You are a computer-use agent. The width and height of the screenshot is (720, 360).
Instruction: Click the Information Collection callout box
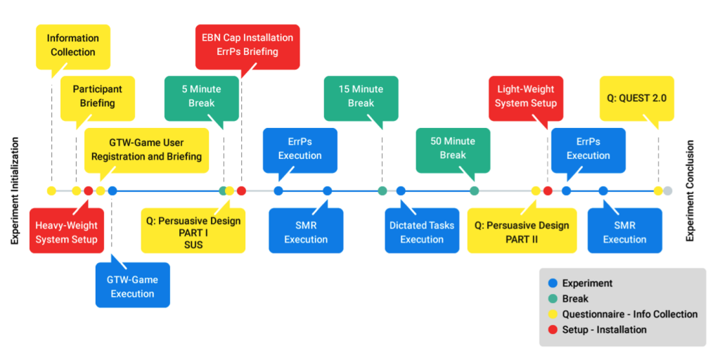[73, 45]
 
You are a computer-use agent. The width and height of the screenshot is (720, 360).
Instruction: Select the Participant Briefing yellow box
[98, 96]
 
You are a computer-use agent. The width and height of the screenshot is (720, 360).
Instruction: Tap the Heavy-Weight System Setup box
[67, 232]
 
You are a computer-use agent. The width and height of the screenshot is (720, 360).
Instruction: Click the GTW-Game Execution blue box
[133, 287]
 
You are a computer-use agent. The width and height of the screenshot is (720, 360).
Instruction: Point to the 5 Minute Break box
[202, 96]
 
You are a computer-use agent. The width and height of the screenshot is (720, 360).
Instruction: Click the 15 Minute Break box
[361, 96]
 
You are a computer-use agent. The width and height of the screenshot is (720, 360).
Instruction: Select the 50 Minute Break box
[453, 148]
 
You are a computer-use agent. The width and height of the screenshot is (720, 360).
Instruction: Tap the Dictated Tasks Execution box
[422, 232]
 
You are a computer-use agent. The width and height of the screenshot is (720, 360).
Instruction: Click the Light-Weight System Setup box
[526, 96]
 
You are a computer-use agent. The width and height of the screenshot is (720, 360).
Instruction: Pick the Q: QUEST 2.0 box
[637, 96]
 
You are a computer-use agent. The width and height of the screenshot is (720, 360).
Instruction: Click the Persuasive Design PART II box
[522, 232]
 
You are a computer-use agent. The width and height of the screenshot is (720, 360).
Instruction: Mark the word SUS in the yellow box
[193, 245]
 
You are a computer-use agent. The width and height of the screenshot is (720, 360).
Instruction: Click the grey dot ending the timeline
[668, 191]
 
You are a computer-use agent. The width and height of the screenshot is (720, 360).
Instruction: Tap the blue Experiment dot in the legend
[553, 283]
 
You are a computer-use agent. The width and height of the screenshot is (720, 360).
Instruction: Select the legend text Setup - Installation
[604, 330]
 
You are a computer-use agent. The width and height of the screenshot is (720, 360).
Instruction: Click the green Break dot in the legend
[553, 299]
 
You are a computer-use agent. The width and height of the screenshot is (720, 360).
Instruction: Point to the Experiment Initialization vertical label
[15, 191]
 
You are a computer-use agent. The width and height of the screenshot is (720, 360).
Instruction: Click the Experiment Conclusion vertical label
[690, 191]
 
